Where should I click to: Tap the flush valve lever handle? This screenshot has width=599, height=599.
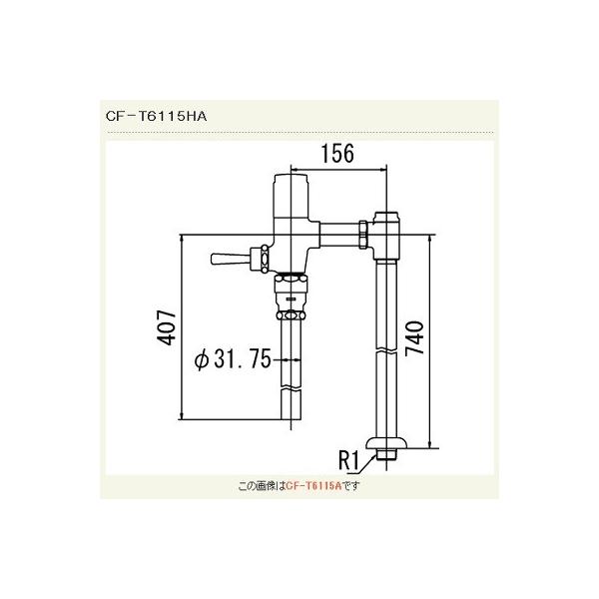[x=229, y=260]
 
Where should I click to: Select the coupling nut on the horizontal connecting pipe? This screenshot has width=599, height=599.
[x=358, y=237]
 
